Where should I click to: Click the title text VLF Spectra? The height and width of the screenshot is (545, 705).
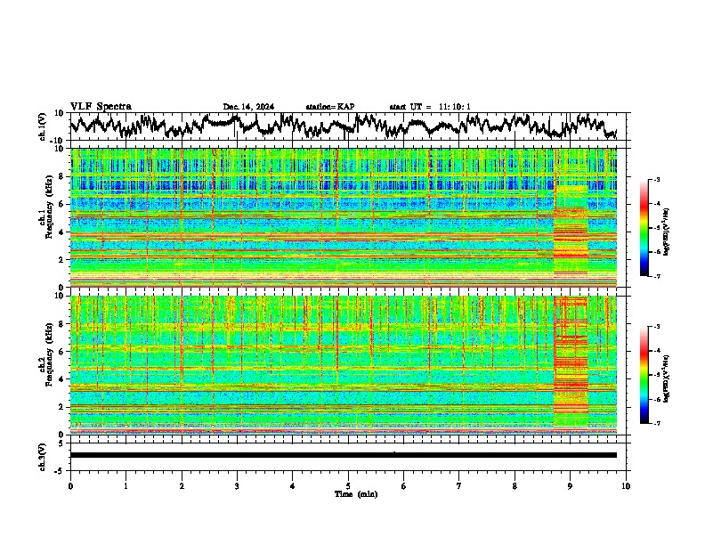coord(101,107)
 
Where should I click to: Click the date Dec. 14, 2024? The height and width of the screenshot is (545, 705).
coord(248,107)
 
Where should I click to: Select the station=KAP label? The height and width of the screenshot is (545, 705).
coord(330,107)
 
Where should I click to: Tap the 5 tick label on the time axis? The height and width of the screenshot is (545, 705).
coord(348,485)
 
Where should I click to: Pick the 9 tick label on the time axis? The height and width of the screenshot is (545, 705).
coord(571,485)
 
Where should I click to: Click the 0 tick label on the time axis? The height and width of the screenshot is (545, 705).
coord(70,485)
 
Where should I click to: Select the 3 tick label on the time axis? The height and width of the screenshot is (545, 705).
coord(237,485)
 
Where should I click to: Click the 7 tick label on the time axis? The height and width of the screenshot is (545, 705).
coord(459,485)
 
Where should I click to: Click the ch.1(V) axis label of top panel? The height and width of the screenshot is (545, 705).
coord(43,126)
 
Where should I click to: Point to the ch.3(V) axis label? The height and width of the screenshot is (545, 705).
coord(43,455)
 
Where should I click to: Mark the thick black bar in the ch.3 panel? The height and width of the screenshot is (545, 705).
coord(343,455)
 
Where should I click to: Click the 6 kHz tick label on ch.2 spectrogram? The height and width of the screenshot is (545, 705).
coord(62,352)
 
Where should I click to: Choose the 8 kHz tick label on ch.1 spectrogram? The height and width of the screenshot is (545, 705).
coord(62,177)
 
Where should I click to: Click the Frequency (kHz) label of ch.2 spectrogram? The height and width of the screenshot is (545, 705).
coord(52,364)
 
